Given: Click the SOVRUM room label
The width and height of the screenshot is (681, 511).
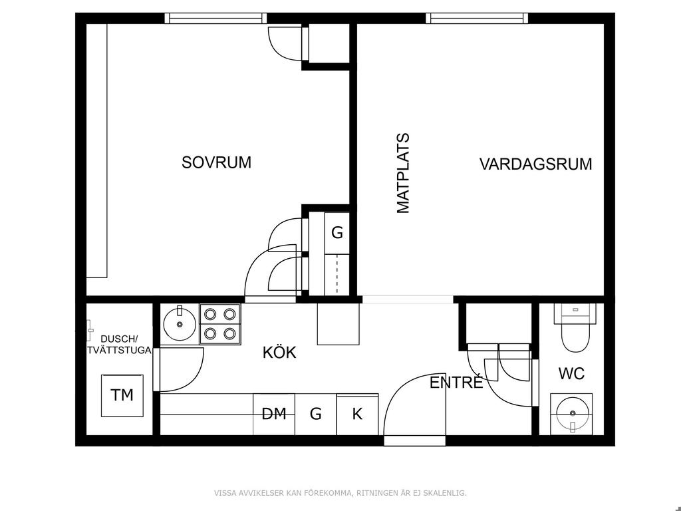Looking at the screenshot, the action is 216,162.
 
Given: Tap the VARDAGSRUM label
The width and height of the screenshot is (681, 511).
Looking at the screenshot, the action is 535,164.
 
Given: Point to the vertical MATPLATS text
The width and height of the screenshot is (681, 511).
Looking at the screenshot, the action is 403,174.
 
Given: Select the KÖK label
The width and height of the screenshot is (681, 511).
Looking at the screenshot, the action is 279,352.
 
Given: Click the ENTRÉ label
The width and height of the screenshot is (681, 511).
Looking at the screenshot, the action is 456,382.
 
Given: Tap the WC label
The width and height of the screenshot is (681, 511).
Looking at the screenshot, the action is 571,374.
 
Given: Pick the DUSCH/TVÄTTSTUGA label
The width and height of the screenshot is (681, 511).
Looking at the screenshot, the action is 119,345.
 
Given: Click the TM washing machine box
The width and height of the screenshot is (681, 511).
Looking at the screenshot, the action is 122,395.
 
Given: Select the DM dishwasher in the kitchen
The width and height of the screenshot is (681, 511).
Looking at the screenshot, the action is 274,414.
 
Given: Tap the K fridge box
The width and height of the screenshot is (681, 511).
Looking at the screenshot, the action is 357,414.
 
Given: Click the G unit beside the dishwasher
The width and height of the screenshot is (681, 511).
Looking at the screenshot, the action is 316,414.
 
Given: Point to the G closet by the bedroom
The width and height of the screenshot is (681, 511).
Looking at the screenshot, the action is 337,233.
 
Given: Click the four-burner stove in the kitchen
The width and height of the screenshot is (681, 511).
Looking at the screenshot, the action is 219,324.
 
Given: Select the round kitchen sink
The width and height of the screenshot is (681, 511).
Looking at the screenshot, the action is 180,324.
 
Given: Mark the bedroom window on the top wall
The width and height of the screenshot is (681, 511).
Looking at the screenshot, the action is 216,18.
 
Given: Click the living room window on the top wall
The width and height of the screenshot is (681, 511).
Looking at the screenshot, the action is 477,18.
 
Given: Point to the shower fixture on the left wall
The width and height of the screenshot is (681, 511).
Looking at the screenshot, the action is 90,330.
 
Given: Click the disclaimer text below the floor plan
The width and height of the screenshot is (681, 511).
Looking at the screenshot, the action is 340,493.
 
